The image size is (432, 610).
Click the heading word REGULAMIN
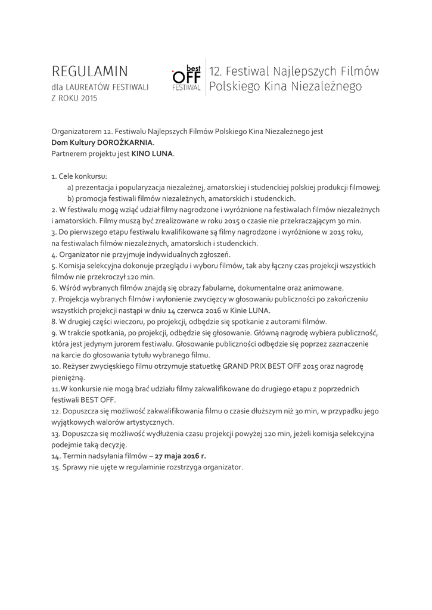[x=90, y=72]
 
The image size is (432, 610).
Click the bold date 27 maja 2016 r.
[x=181, y=456]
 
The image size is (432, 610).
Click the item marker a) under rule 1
[x=71, y=188]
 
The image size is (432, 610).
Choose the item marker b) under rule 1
[x=71, y=198]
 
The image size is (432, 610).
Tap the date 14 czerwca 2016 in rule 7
[x=205, y=310]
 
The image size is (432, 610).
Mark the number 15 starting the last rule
[x=55, y=467]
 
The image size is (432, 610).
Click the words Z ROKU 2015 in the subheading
[x=74, y=98]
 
